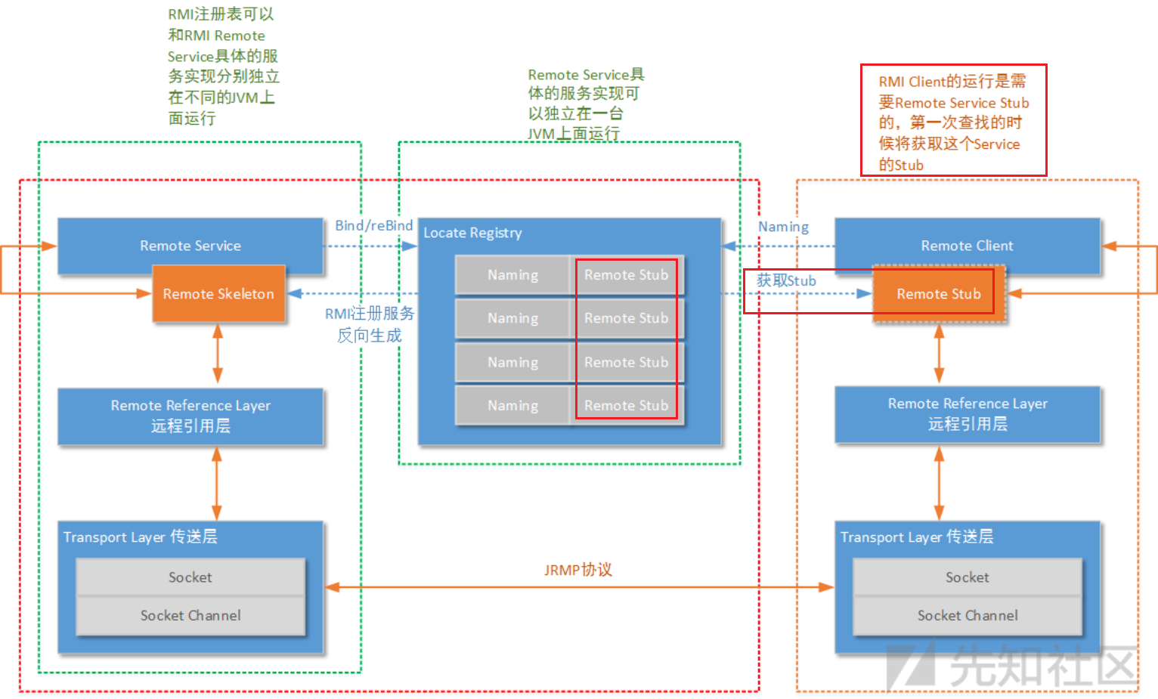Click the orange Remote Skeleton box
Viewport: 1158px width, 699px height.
coord(218,294)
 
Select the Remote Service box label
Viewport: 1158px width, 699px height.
coord(190,246)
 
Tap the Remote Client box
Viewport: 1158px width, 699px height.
coord(967,246)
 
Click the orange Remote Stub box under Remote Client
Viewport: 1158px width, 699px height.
coord(939,294)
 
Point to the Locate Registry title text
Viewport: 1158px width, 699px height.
coord(472,233)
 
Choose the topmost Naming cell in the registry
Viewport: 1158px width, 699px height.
coord(512,275)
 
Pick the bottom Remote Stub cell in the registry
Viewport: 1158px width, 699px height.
coord(626,406)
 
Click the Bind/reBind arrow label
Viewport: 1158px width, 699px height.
coord(373,225)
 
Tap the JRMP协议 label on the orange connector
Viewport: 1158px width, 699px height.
coord(577,570)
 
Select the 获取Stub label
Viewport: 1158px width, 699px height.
coord(786,281)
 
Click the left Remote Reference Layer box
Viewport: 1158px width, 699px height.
coord(190,416)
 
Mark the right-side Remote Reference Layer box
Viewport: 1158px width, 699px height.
coord(968,414)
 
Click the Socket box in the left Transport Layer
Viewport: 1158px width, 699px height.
coord(190,577)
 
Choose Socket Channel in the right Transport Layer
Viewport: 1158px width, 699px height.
coord(968,616)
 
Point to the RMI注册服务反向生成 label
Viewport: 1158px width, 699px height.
coord(370,324)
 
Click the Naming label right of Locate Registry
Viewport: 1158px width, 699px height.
coord(783,227)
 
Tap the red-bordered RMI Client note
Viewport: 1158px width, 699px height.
coord(953,121)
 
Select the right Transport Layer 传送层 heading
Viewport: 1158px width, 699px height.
coord(916,537)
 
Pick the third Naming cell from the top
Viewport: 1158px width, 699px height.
coord(512,363)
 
